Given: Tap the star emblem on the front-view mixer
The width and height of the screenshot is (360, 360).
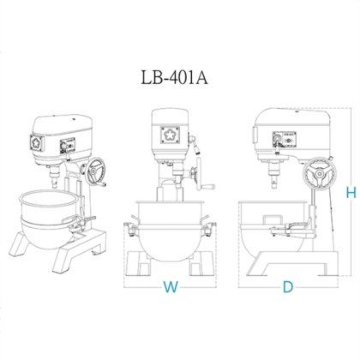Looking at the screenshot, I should (168, 135).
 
